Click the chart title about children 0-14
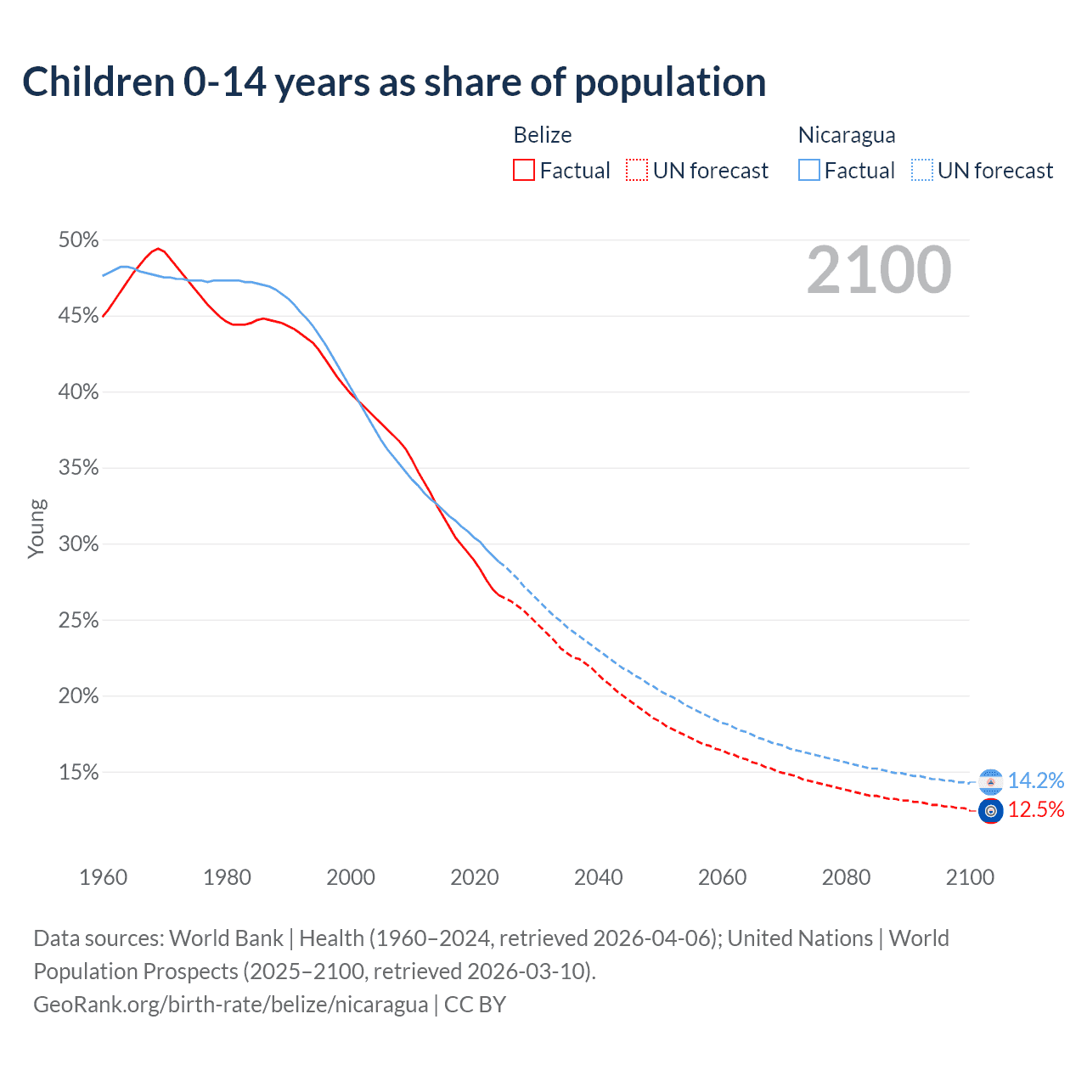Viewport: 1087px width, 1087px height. coord(394,82)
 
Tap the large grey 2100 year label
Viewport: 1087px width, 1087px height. coord(879,270)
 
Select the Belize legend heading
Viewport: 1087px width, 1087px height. coord(542,135)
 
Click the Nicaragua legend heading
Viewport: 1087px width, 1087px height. coord(847,135)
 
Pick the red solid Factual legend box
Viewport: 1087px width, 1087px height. coord(524,171)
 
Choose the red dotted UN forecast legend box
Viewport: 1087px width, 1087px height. coord(637,171)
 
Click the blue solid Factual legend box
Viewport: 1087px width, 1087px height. coord(809,171)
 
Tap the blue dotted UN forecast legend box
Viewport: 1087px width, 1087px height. coord(922,171)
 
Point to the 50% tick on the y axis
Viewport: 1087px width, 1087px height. coord(78,240)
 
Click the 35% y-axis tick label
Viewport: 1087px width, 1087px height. coord(78,468)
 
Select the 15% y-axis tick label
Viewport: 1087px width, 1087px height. coord(78,773)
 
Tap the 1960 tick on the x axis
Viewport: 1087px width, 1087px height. coord(104,877)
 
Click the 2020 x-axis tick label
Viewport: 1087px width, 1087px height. coord(475,877)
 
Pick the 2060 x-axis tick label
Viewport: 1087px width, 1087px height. coord(722,877)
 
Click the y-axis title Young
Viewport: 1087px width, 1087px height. coord(37,528)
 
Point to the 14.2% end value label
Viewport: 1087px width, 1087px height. coord(1036,780)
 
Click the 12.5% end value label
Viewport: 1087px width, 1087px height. coord(1036,810)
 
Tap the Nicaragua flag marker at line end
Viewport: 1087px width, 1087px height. coord(990,781)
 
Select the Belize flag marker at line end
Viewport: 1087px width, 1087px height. coord(990,811)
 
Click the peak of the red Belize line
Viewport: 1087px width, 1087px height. coord(158,249)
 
